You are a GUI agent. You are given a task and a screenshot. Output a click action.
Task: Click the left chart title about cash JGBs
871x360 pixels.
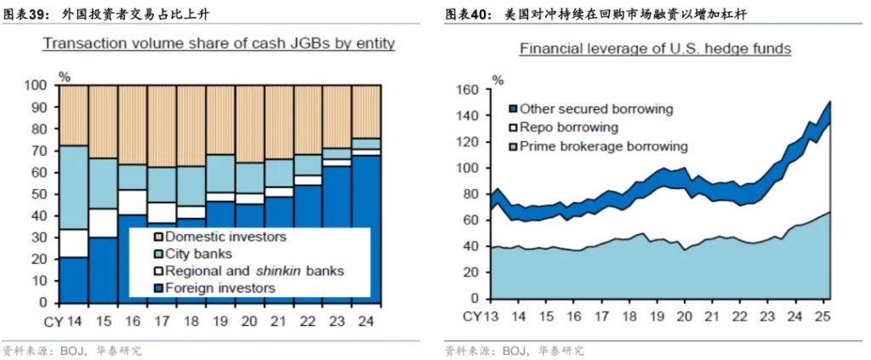click(x=219, y=43)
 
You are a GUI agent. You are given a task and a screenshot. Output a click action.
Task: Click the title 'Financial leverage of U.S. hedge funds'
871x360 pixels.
click(x=656, y=49)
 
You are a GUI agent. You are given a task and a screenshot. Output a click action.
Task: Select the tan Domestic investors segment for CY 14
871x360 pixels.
click(x=73, y=115)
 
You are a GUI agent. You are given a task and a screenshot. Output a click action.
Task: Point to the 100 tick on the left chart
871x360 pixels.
click(x=39, y=85)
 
